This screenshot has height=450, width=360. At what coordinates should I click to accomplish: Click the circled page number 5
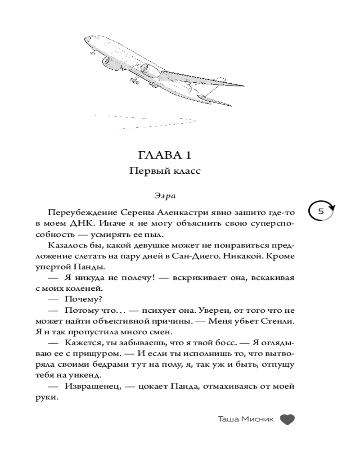321,211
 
